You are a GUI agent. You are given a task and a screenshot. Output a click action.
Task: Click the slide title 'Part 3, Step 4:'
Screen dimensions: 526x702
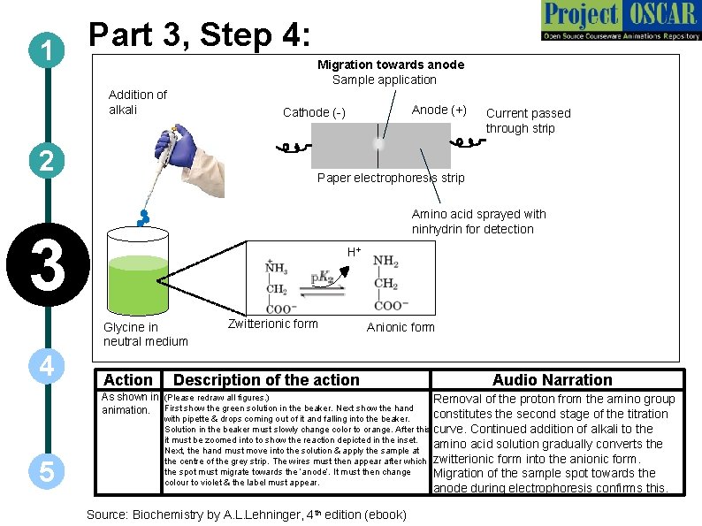199,36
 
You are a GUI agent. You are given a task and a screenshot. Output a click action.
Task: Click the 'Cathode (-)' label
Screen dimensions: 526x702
314,112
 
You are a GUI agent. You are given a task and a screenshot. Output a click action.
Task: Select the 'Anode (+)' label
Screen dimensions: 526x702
439,110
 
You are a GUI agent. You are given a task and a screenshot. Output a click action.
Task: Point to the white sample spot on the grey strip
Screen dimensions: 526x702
378,143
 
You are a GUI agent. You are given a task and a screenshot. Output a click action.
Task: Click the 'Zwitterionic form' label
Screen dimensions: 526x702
272,324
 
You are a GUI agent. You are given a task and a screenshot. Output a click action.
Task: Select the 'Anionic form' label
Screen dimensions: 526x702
401,327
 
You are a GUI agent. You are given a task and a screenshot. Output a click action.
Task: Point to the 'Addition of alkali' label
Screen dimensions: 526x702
137,102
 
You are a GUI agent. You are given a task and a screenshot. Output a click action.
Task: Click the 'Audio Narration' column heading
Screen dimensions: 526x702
552,380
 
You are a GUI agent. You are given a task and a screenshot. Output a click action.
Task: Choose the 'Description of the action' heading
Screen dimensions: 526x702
267,380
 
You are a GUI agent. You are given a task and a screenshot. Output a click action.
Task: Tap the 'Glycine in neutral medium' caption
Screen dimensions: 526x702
146,334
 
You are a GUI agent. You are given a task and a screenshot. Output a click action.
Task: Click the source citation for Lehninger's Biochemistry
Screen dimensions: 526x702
246,515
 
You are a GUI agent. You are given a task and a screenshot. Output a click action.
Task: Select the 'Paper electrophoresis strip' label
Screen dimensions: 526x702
390,178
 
